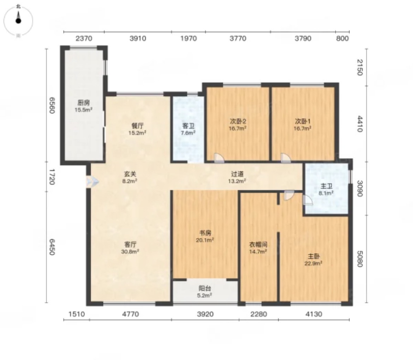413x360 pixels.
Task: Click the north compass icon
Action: [18, 21]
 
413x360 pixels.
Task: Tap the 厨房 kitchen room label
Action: [84, 106]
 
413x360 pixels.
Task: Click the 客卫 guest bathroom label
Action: [188, 129]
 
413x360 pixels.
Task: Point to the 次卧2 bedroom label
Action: [238, 125]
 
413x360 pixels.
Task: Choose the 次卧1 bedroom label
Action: [303, 125]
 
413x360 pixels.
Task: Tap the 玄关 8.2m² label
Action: [130, 177]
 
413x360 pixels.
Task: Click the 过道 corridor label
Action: [237, 177]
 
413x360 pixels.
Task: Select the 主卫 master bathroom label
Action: [327, 189]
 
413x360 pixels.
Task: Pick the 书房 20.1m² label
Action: [205, 236]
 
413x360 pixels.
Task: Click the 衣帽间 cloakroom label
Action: [258, 248]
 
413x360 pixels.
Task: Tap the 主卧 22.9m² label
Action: [314, 260]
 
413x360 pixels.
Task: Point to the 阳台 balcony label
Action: [205, 292]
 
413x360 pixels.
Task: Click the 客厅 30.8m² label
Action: [130, 248]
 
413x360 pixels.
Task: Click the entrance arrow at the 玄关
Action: [92, 182]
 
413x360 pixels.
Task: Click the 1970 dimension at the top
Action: [188, 39]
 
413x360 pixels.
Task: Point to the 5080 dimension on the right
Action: [360, 259]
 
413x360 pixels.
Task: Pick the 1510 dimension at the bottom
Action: [77, 314]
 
